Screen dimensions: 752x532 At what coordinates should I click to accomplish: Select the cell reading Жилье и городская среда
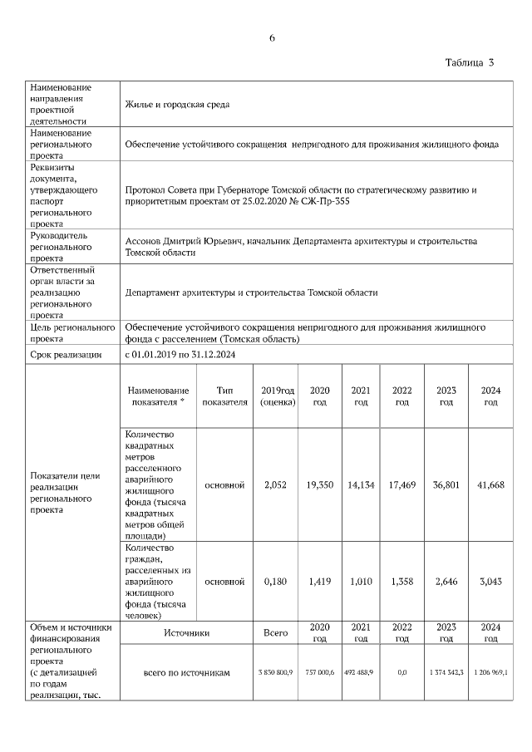coord(177,104)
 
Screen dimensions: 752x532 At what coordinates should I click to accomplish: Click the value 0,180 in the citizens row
coord(275,582)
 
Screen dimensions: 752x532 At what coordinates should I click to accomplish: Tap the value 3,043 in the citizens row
coord(490,582)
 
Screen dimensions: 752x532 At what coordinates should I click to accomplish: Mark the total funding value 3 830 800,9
coord(275,671)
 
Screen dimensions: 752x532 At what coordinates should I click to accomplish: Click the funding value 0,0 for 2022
coord(401,671)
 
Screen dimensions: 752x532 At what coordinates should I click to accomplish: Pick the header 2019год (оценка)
coord(277,396)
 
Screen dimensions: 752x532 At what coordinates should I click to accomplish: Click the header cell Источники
coord(186,633)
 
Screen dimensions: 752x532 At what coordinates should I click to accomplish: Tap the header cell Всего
coord(275,633)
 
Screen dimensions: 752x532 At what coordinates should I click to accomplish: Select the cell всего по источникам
coord(186,671)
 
